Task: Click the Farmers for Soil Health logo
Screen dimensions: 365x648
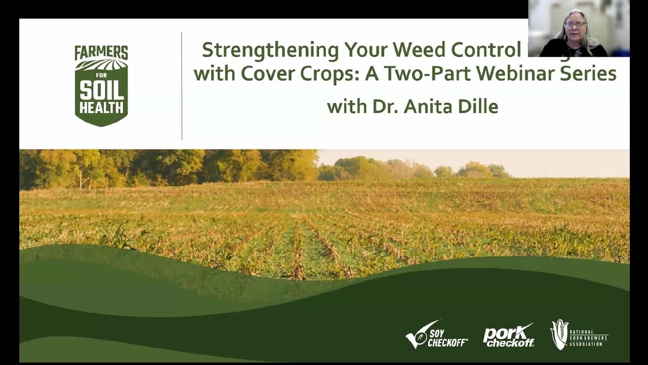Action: point(101,85)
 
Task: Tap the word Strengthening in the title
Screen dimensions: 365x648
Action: point(270,50)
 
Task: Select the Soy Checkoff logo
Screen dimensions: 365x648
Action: point(436,335)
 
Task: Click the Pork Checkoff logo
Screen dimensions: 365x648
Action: point(508,336)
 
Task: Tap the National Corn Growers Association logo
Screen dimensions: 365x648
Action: point(579,335)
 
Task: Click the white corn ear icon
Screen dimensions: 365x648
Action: point(559,335)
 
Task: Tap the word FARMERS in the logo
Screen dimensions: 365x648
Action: point(101,53)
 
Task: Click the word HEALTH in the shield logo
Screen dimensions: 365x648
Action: point(101,107)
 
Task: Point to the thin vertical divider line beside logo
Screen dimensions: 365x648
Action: point(182,86)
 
